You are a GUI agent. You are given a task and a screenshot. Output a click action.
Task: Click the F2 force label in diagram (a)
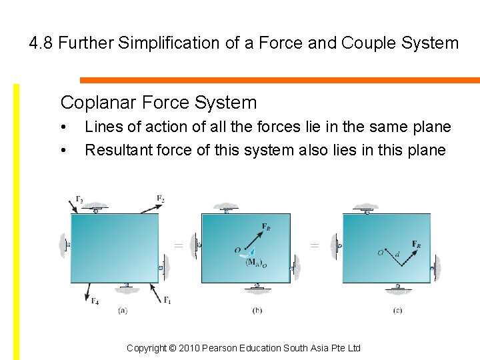tap(161, 199)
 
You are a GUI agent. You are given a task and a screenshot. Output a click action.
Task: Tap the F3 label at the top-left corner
tap(79, 199)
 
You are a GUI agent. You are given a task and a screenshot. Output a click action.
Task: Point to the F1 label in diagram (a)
tap(167, 299)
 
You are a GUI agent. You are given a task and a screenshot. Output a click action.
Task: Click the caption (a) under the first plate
tap(123, 310)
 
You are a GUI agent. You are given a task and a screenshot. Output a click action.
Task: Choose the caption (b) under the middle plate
tap(257, 310)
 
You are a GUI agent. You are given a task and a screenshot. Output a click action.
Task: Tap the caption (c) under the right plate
tap(397, 310)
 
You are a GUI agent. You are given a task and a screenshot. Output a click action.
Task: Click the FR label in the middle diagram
tap(266, 227)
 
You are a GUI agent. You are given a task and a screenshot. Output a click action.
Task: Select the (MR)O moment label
tap(256, 262)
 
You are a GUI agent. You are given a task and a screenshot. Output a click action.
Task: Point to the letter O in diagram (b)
tap(237, 250)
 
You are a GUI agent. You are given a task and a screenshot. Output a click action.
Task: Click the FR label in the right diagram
tap(416, 244)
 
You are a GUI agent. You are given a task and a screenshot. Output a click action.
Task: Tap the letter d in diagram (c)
tap(397, 253)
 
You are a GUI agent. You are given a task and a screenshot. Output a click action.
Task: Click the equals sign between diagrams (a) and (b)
tap(178, 245)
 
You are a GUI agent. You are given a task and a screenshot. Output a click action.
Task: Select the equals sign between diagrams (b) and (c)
tap(315, 245)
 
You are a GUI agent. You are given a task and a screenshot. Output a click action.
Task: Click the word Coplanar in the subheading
tap(91, 103)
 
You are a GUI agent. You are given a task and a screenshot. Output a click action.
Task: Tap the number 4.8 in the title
tap(41, 43)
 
